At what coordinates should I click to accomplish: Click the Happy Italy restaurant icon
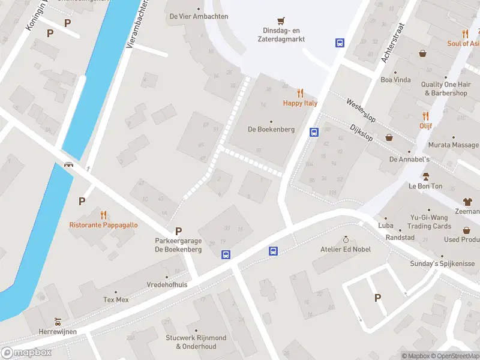(300, 93)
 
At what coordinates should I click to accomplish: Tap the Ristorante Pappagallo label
(103, 225)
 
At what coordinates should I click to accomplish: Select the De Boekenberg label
(271, 130)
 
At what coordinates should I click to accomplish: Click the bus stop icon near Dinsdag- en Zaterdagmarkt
(340, 43)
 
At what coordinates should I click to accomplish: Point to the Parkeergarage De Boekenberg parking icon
(178, 231)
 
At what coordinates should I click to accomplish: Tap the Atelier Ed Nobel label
(345, 249)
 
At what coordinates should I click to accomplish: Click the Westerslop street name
(360, 111)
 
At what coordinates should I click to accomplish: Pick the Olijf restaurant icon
(425, 116)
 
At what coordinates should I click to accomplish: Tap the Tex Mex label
(116, 299)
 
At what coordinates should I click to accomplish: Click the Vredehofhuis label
(167, 285)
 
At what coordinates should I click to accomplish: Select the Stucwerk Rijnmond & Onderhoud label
(196, 342)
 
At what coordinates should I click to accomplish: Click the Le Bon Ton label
(425, 186)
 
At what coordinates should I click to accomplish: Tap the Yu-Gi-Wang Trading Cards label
(429, 222)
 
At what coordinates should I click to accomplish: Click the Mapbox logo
(26, 352)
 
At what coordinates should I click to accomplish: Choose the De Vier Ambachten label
(199, 16)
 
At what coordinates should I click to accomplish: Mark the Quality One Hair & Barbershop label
(445, 89)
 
